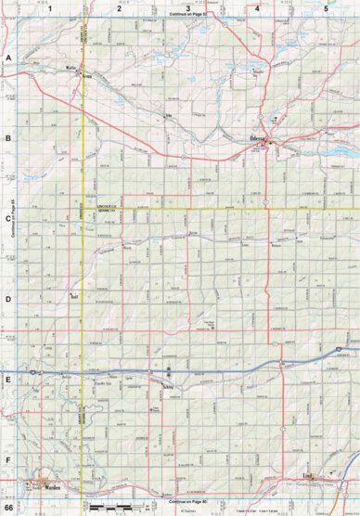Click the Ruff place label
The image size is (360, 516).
point(75,297)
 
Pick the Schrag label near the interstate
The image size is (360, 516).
point(167,383)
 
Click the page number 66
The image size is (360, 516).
point(8,508)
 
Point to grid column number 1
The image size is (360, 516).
point(51,7)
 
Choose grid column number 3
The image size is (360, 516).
point(188,7)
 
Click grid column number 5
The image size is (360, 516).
point(326,7)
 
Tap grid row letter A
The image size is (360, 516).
point(8,58)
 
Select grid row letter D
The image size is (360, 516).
point(8,300)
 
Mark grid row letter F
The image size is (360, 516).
point(8,459)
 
